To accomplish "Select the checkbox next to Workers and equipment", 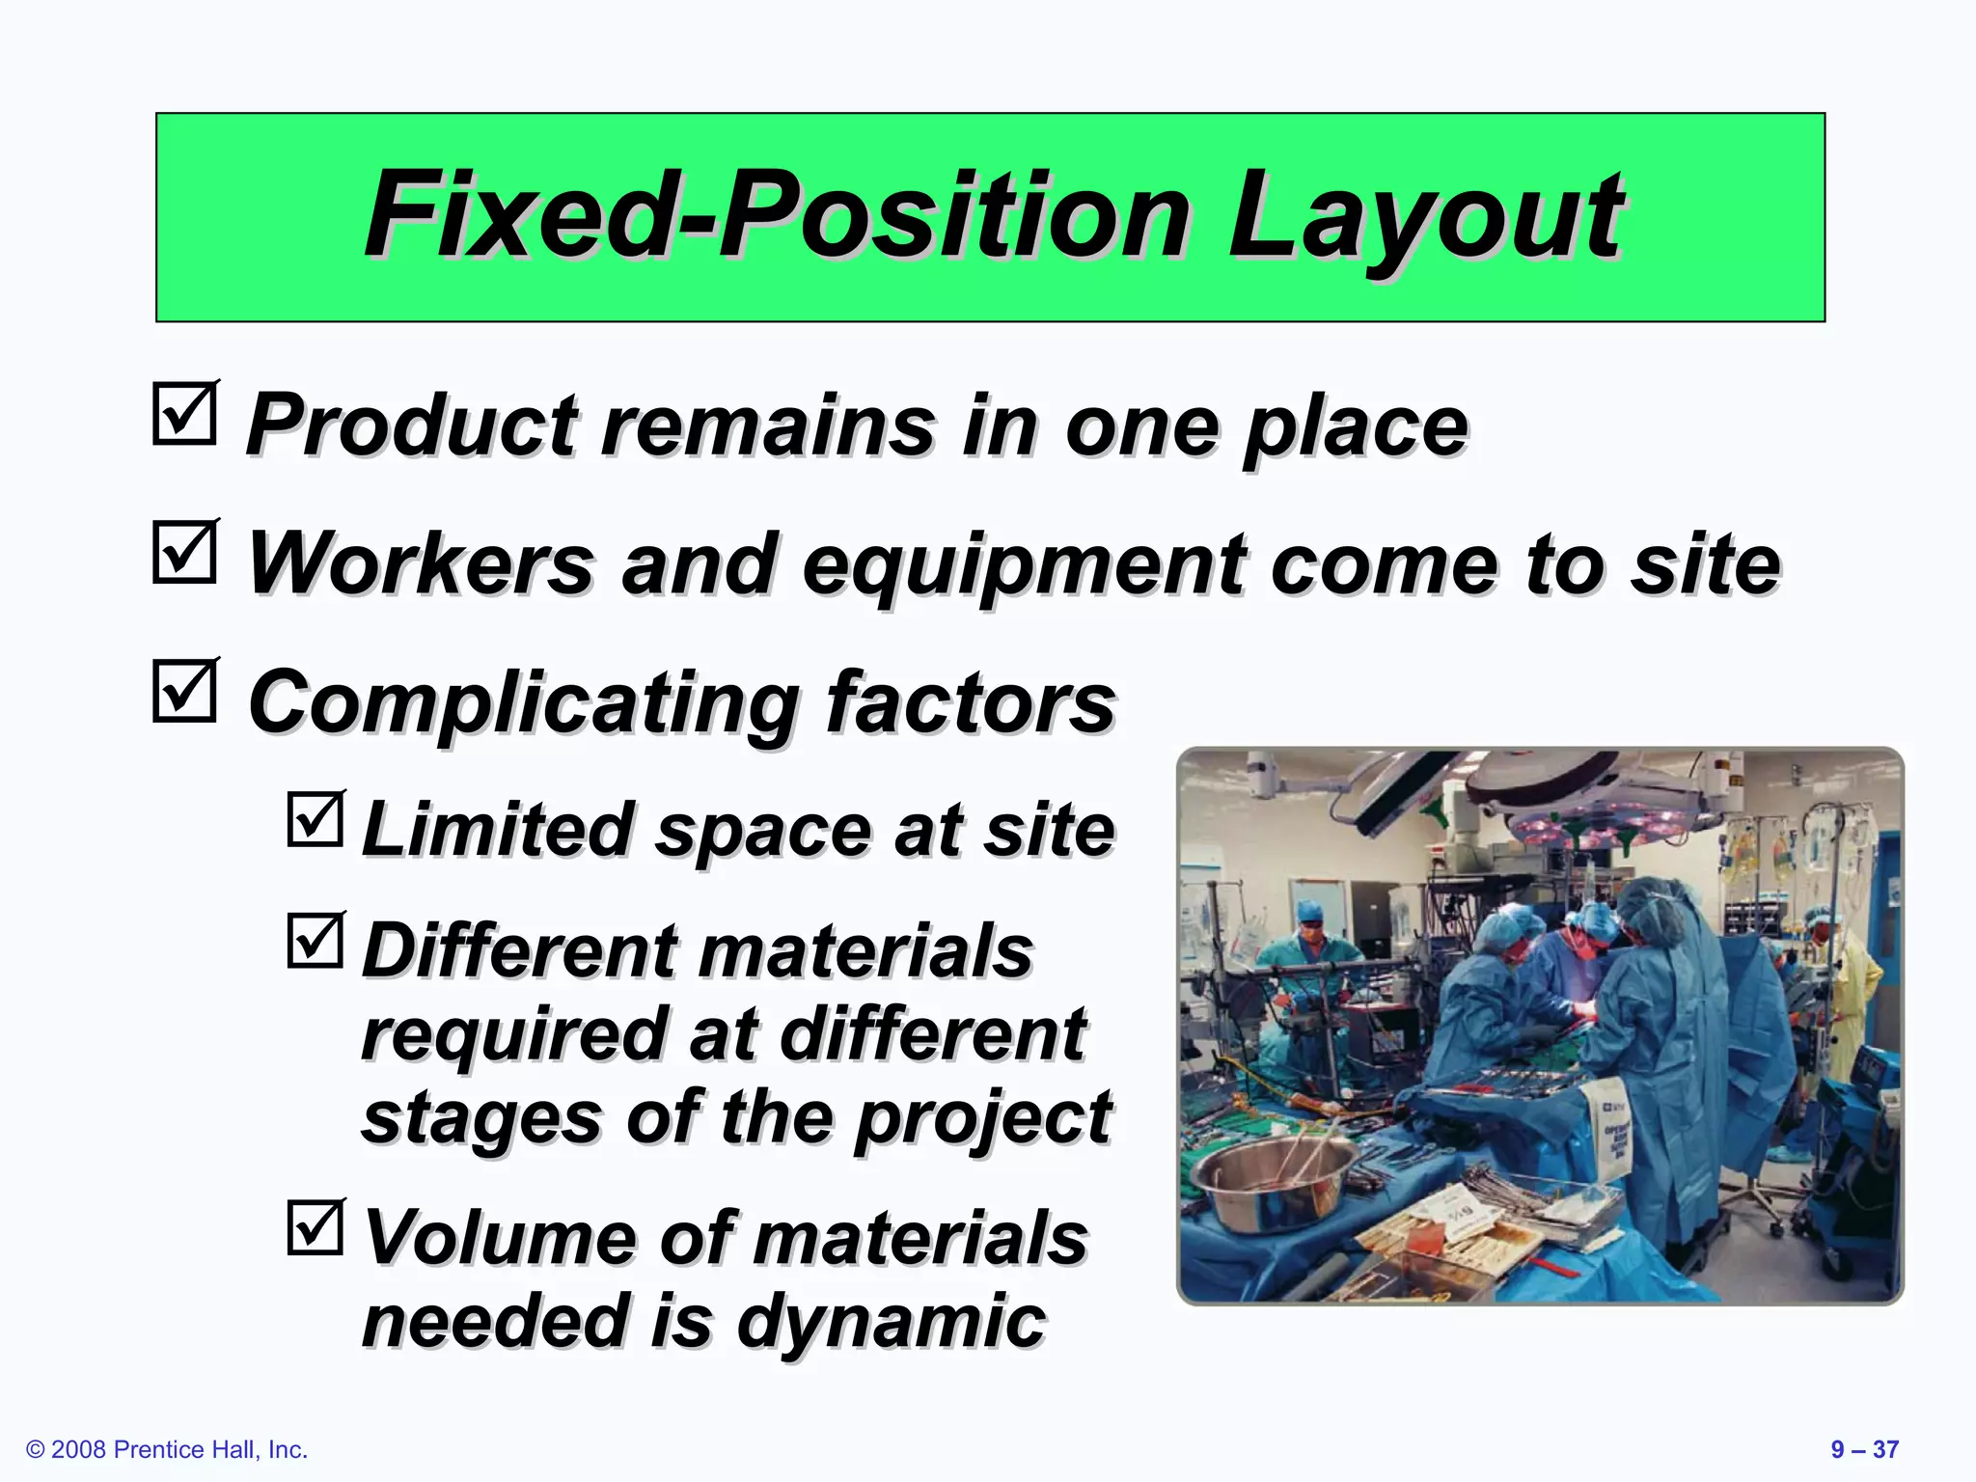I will (184, 553).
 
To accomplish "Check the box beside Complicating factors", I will (184, 691).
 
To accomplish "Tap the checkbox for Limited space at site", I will (316, 820).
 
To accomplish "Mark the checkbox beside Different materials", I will (316, 942).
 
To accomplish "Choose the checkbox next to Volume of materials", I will (316, 1228).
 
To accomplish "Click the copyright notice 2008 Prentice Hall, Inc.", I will (167, 1449).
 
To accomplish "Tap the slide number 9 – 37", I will (1864, 1449).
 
